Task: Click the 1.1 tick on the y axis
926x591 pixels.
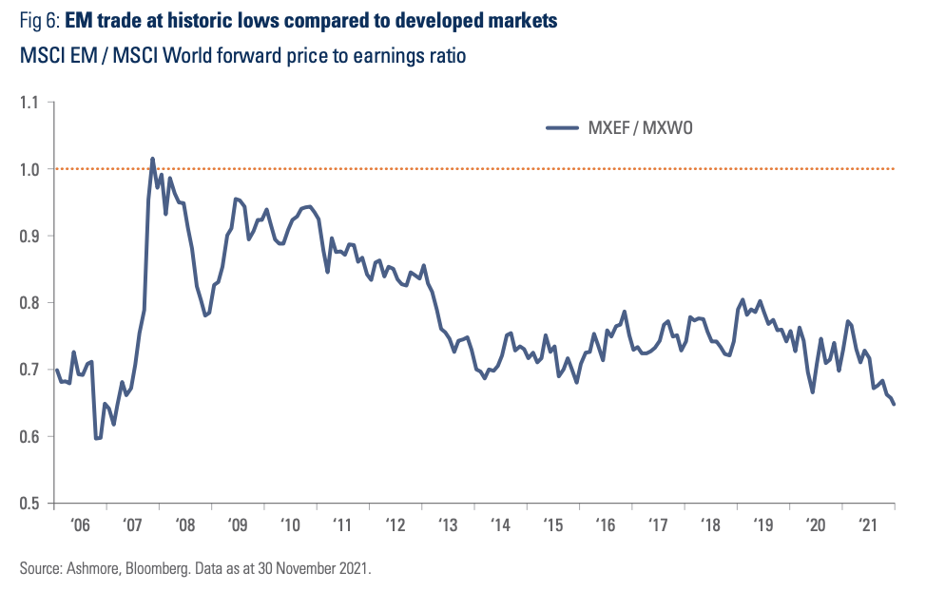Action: (x=31, y=102)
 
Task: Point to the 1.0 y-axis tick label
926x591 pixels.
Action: (x=31, y=169)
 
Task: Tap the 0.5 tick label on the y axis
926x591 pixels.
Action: (x=31, y=504)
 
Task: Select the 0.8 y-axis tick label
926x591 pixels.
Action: (x=31, y=303)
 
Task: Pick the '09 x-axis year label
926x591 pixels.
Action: (x=239, y=524)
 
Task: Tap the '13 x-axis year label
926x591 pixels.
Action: (x=448, y=524)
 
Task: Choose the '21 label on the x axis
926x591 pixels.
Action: (x=867, y=524)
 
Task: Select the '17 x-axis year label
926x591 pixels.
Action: (x=658, y=524)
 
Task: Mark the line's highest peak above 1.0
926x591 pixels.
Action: (x=153, y=159)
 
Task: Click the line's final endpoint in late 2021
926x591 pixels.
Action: (x=894, y=405)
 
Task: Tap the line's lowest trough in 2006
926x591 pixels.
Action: (x=97, y=438)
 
